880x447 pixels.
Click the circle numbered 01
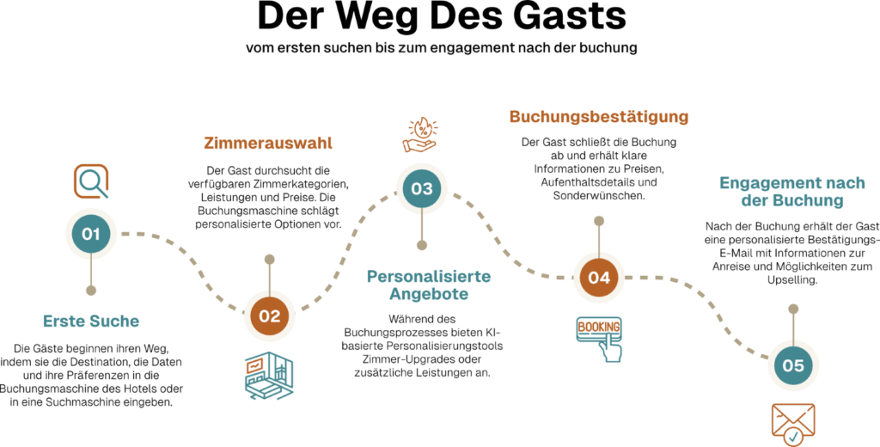pyautogui.click(x=90, y=234)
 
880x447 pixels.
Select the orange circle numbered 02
pyautogui.click(x=269, y=315)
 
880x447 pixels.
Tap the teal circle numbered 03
pyautogui.click(x=421, y=188)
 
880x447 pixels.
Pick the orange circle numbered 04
pyautogui.click(x=599, y=278)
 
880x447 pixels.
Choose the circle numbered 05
pyautogui.click(x=792, y=366)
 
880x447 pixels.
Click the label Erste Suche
pyautogui.click(x=91, y=321)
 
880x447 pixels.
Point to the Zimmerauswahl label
pyautogui.click(x=267, y=143)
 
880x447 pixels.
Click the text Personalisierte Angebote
pyautogui.click(x=429, y=285)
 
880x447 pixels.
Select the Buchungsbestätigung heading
pyautogui.click(x=599, y=116)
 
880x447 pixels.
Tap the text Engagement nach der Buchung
pyautogui.click(x=791, y=192)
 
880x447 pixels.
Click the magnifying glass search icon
pyautogui.click(x=90, y=181)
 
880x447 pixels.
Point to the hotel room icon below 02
pyautogui.click(x=269, y=376)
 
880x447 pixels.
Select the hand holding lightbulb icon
pyautogui.click(x=420, y=135)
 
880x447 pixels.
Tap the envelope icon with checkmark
pyautogui.click(x=792, y=424)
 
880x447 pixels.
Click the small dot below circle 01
pyautogui.click(x=91, y=291)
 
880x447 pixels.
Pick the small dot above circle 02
pyautogui.click(x=270, y=259)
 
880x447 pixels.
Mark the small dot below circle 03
pyautogui.click(x=422, y=245)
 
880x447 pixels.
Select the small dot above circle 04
pyautogui.click(x=599, y=220)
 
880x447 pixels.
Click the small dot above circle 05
pyautogui.click(x=793, y=309)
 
